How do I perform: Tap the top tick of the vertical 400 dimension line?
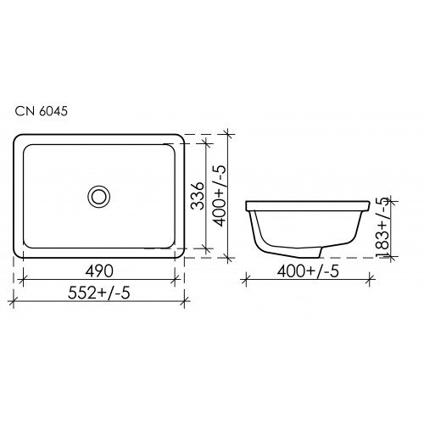[228, 133]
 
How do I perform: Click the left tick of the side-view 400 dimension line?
[245, 279]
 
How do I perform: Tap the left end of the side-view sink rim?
[246, 206]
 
